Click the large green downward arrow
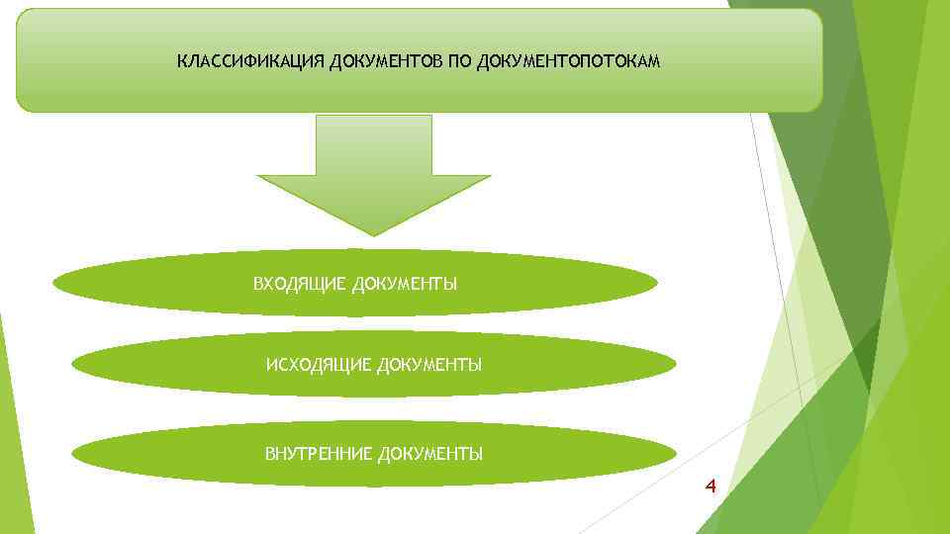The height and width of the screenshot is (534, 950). (373, 173)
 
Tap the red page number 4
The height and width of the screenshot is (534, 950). (710, 486)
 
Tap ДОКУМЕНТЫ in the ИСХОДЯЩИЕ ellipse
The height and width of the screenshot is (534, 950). (427, 366)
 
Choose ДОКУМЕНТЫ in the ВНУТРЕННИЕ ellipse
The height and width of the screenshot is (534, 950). (429, 454)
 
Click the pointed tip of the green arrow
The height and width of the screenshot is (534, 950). (373, 233)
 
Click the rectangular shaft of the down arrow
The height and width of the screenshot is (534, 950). (373, 144)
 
